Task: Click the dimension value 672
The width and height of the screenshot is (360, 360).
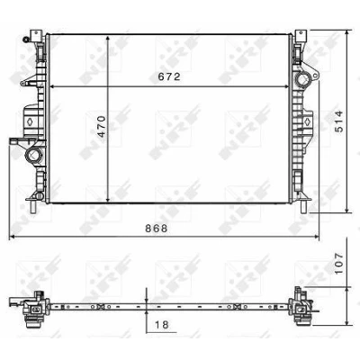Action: click(169, 76)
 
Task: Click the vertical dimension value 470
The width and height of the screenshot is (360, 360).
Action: click(102, 126)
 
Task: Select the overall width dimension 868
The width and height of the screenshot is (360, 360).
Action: click(157, 229)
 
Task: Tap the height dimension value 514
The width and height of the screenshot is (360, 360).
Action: click(338, 121)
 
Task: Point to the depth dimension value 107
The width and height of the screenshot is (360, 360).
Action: click(338, 263)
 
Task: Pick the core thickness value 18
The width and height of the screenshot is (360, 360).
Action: click(162, 324)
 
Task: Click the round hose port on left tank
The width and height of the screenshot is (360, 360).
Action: click(33, 155)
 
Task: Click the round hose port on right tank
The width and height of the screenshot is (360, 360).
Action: click(302, 80)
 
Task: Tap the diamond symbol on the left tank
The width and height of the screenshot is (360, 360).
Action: click(31, 121)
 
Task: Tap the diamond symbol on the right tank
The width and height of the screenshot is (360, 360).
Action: click(308, 121)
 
